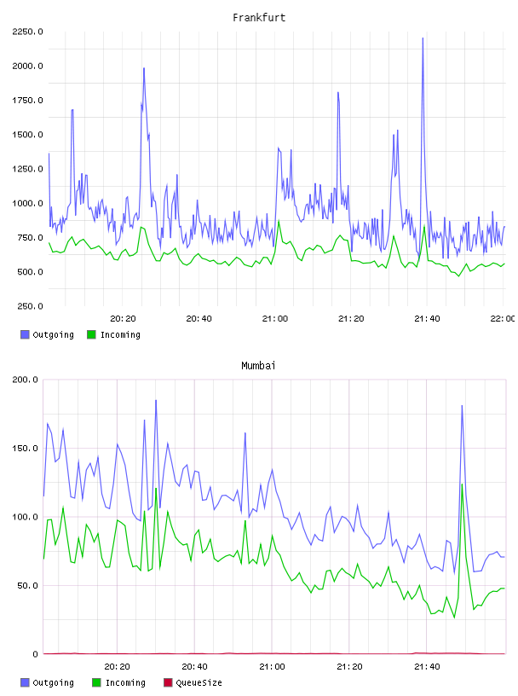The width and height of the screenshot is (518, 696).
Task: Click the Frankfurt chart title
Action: (x=259, y=18)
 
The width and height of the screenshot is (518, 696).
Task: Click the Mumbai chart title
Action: (x=258, y=366)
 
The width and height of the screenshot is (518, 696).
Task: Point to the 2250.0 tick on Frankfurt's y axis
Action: (x=27, y=32)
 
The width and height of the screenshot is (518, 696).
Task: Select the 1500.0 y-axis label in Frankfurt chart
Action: (x=27, y=135)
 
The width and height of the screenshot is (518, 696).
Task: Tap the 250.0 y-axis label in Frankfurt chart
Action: (x=30, y=306)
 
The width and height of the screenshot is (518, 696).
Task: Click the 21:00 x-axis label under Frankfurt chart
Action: (x=275, y=319)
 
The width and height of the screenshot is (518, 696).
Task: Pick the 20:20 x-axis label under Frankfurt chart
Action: (x=123, y=319)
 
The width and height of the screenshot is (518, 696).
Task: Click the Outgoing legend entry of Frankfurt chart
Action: (x=48, y=334)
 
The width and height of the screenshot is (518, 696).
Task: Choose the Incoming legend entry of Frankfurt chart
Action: (x=114, y=334)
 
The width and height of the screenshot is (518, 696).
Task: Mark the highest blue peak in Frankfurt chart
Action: (x=423, y=38)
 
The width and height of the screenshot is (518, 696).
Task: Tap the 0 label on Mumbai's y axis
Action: (x=35, y=654)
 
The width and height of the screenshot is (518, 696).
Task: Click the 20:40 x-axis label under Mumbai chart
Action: (x=195, y=667)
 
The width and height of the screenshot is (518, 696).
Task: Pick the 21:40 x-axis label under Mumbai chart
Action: (x=427, y=667)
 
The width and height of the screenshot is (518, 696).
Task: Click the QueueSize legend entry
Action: (x=193, y=682)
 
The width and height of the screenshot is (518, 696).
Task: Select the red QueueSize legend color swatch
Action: (x=168, y=682)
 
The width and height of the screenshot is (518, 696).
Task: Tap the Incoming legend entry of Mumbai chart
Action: (x=119, y=682)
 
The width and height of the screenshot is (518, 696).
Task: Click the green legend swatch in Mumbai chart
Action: (x=95, y=682)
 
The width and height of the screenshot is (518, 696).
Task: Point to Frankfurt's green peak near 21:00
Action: (x=279, y=221)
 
